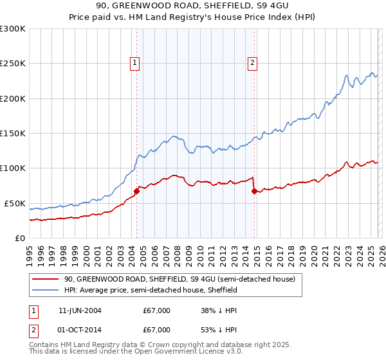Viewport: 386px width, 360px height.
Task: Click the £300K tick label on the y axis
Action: [13, 29]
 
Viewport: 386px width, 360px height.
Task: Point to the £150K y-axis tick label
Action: [13, 134]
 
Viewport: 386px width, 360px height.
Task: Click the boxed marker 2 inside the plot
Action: [253, 62]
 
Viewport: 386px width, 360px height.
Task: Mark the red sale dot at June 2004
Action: [136, 191]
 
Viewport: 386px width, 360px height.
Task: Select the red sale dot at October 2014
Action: [254, 191]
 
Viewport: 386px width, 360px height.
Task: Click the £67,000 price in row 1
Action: [157, 310]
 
